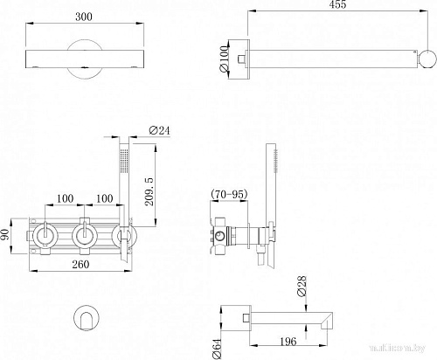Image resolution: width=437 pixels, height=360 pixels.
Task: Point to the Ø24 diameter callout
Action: coord(159,130)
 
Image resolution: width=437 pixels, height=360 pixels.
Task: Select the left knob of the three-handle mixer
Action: coord(44,234)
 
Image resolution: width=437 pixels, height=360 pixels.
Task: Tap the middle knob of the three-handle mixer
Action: coord(86,234)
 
